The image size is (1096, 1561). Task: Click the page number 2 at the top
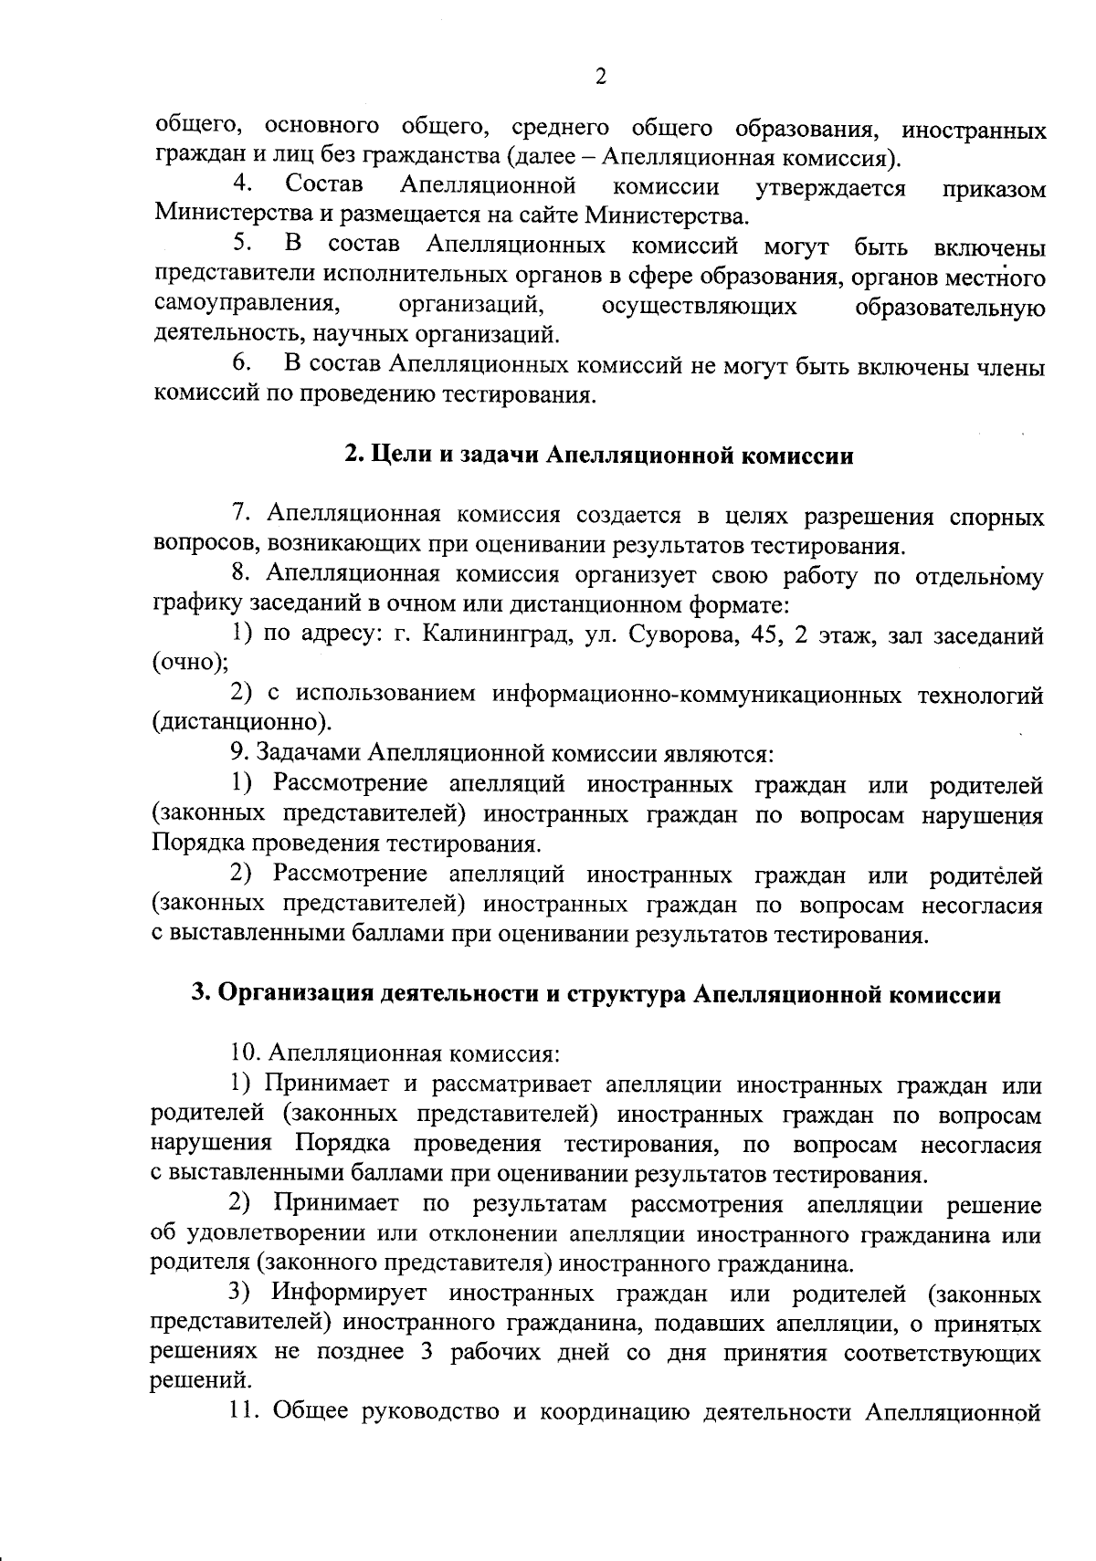coord(600,78)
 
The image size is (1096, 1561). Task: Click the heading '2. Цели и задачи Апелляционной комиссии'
coord(599,456)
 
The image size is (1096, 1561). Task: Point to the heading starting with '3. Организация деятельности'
coord(595,995)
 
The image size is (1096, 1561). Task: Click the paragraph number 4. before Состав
coord(242,186)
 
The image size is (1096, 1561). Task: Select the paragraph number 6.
coord(242,365)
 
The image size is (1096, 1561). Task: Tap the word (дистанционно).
coord(242,724)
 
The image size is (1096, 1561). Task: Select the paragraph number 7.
coord(241,516)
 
